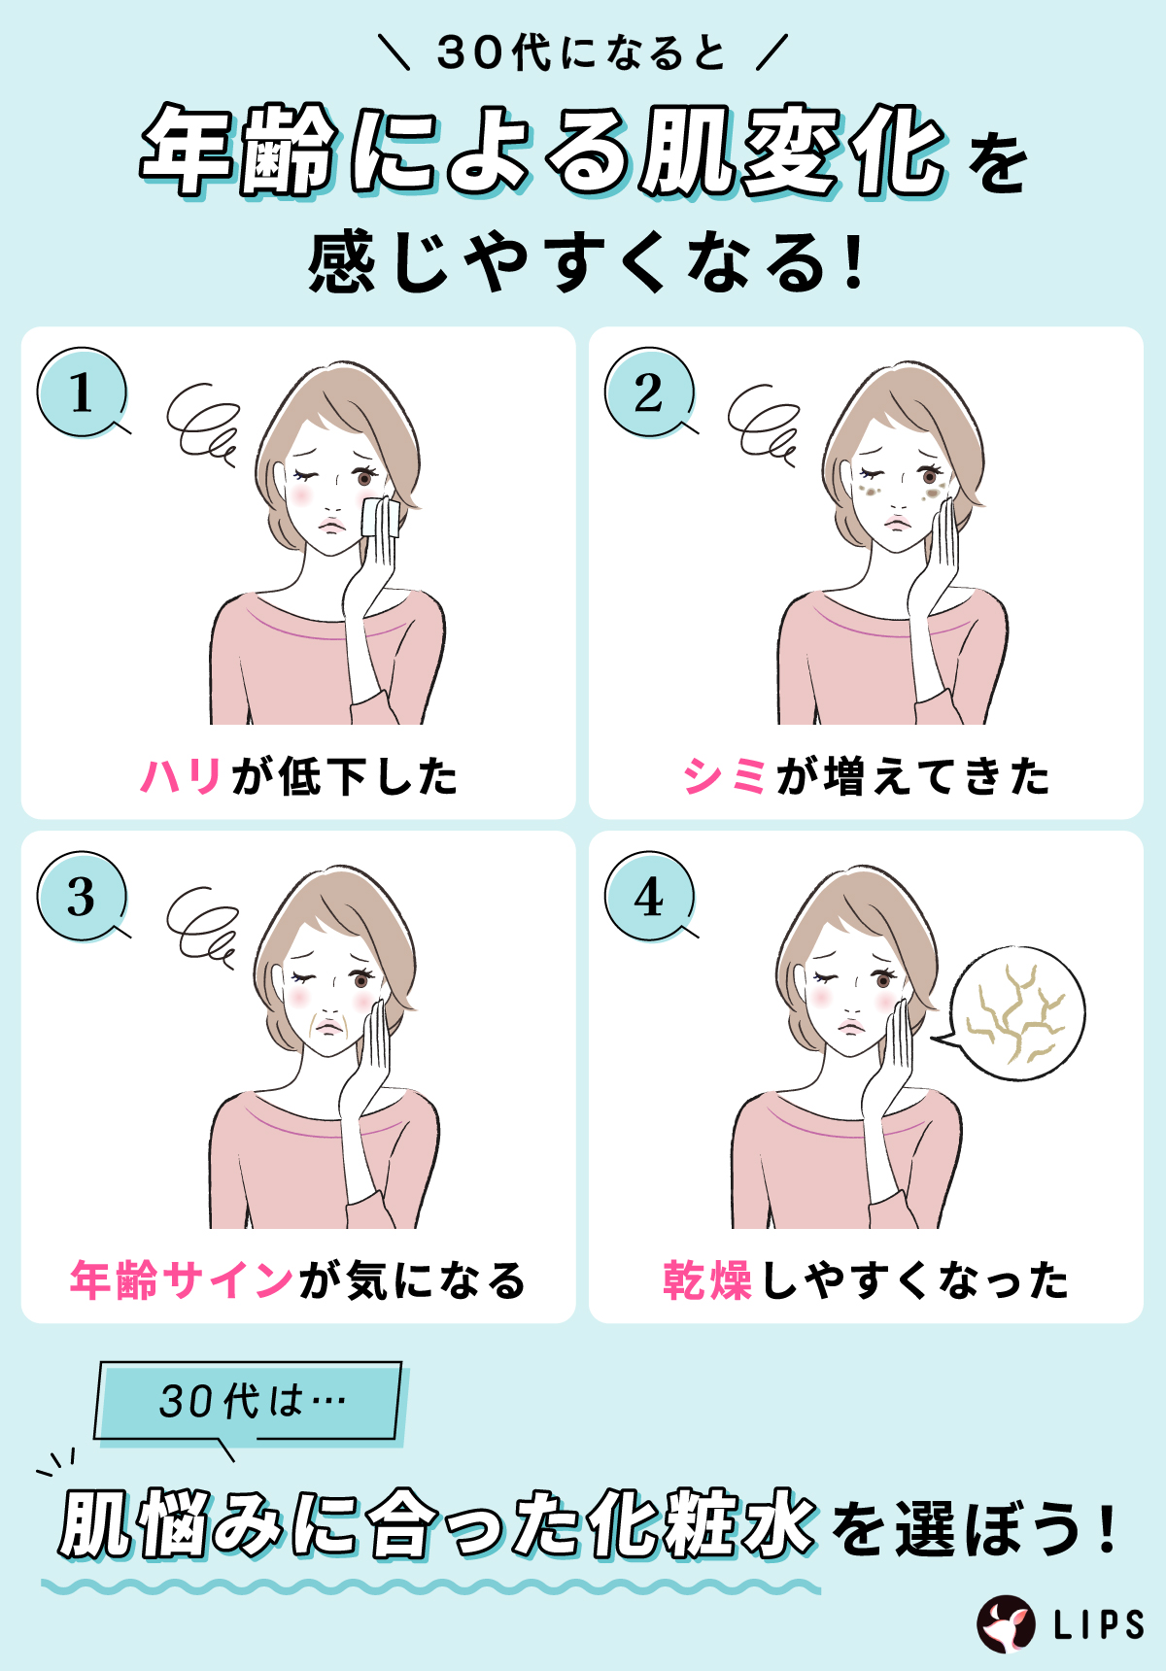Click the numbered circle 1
click(82, 392)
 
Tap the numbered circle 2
click(649, 392)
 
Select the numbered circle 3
click(82, 896)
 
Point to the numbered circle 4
click(649, 896)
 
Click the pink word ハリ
click(181, 776)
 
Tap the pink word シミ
click(725, 776)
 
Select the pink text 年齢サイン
click(181, 1279)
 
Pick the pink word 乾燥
click(707, 1279)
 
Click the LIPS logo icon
click(1006, 1623)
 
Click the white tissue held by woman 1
click(379, 517)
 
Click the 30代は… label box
click(249, 1400)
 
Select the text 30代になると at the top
click(581, 52)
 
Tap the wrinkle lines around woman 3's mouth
click(330, 1025)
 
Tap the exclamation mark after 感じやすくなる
click(854, 264)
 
